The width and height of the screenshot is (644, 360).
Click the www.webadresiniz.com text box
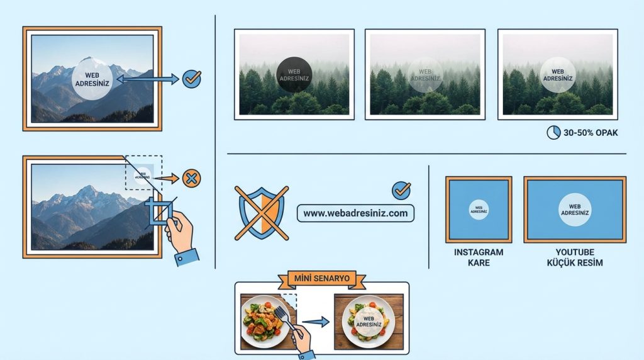pos(355,213)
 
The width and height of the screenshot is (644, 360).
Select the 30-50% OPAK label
pos(591,133)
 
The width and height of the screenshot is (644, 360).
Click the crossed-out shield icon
pos(261,213)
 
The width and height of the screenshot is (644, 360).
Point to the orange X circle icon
pos(191,178)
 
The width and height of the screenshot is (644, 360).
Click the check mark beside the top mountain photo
pos(191,79)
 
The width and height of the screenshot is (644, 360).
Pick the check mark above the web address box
pos(401,190)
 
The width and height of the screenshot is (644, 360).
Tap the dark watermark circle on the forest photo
pos(294,76)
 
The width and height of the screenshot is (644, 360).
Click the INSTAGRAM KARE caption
pos(479,257)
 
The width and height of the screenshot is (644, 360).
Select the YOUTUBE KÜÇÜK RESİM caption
pos(574,257)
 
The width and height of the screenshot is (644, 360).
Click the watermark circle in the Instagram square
pos(479,210)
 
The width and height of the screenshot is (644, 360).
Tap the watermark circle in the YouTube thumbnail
pos(574,210)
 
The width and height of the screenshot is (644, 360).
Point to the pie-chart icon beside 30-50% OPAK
pos(553,133)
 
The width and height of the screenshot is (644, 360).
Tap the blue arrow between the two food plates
pos(320,322)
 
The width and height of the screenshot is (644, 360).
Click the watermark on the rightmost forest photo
pos(557,76)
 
